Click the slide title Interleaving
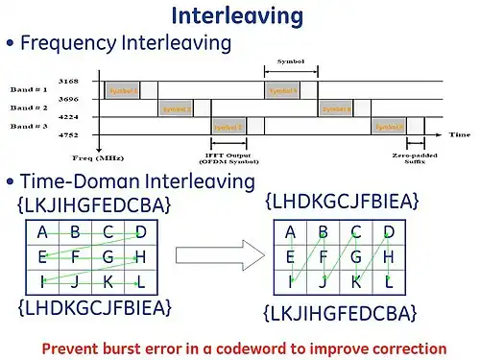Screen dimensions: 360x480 237,15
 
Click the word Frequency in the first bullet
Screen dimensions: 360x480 65,43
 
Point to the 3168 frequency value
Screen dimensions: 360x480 68,81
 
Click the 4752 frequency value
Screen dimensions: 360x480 68,135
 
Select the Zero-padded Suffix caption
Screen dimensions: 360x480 408,158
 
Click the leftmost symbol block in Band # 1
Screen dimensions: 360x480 123,90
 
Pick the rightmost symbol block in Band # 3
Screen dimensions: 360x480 389,127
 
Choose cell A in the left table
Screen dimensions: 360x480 42,232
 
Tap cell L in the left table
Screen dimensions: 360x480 141,282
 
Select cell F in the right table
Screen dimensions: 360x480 323,257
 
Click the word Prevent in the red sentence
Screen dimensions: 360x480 71,348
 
